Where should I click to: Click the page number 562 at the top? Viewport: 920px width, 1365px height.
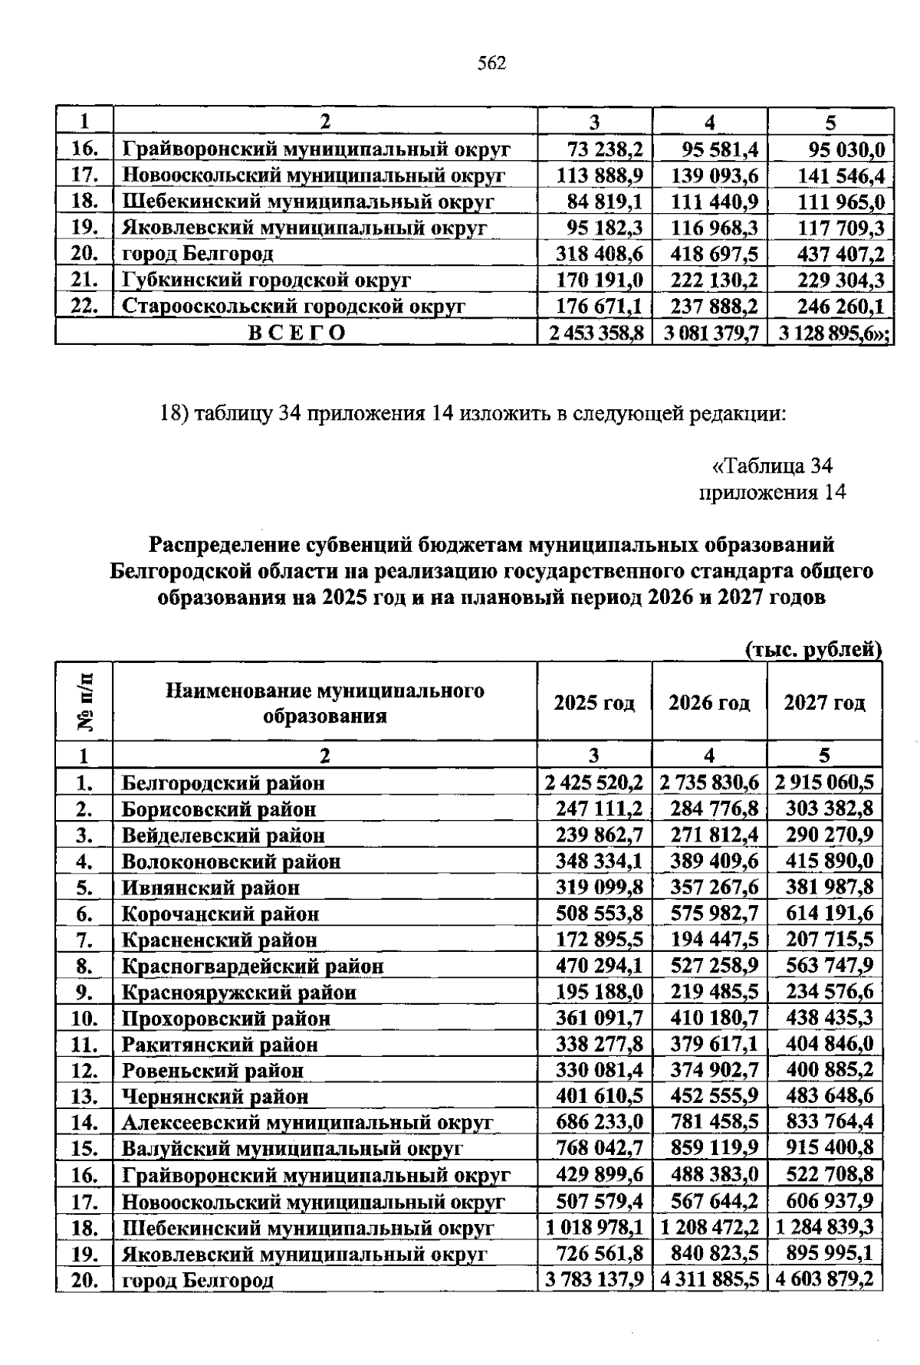[x=491, y=64]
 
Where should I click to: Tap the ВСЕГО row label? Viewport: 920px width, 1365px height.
[x=296, y=333]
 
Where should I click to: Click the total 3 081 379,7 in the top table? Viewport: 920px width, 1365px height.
[x=709, y=333]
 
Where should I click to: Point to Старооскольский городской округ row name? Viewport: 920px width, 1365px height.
[x=294, y=307]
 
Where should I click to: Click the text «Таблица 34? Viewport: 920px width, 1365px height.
[x=772, y=466]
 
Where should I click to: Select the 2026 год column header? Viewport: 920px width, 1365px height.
[x=709, y=703]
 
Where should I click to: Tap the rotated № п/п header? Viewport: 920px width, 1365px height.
[x=85, y=701]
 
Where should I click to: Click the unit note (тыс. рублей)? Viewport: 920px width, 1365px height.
[x=813, y=650]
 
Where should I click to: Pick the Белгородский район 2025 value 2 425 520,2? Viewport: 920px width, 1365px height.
[x=593, y=783]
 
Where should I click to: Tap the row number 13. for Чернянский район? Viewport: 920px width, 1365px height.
[x=85, y=1097]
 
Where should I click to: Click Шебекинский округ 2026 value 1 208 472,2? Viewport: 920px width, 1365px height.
[x=709, y=1228]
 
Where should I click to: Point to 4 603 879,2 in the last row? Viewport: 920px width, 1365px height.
[x=824, y=1280]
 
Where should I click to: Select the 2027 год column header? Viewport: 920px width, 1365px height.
[x=824, y=703]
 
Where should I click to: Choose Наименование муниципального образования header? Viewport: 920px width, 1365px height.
[x=325, y=703]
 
